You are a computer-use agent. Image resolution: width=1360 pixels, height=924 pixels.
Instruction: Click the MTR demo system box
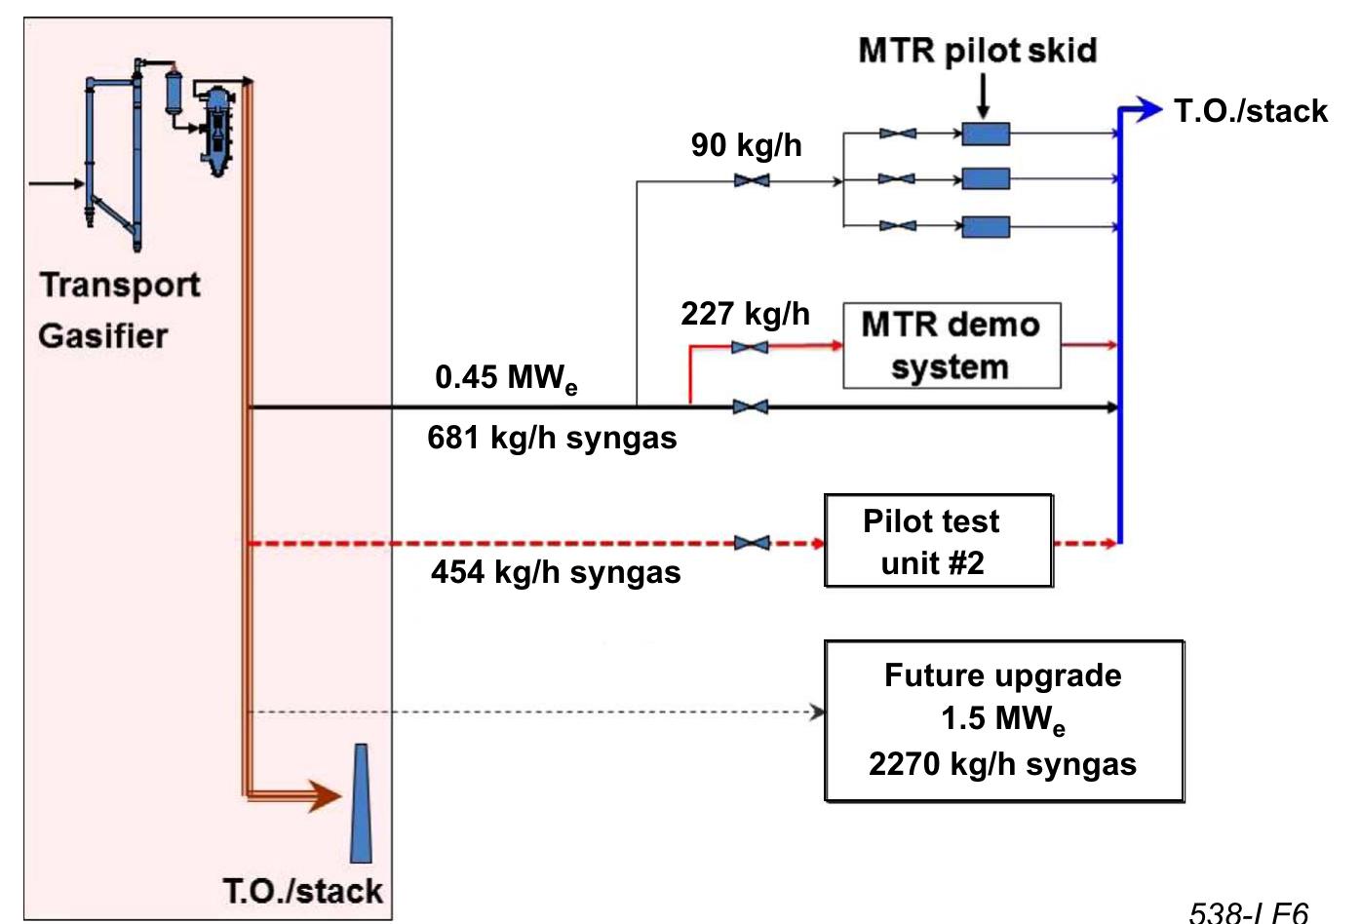951,346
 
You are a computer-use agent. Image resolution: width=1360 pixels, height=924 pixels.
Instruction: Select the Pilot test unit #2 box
938,541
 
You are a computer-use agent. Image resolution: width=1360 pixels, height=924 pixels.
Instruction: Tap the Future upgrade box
1003,720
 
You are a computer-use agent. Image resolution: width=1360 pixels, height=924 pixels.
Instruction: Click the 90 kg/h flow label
746,145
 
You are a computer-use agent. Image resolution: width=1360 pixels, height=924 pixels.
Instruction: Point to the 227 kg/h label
745,314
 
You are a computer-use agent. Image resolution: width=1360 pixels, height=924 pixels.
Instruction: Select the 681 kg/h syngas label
552,438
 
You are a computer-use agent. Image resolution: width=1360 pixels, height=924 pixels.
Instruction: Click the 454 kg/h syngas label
556,571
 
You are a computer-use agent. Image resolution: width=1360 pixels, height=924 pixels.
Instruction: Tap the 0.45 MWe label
505,378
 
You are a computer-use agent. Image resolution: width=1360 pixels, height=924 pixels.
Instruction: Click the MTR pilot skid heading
977,51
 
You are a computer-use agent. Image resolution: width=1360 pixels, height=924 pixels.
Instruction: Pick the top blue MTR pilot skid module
986,134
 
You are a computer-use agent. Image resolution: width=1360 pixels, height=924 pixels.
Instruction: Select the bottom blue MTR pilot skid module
986,227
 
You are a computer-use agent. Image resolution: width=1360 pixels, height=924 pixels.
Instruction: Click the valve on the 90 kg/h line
751,181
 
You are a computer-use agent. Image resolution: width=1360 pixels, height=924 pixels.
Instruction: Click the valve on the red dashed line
751,543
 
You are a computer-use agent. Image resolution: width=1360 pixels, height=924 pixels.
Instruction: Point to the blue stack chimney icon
361,804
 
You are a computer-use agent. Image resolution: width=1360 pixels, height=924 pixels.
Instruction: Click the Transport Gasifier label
119,310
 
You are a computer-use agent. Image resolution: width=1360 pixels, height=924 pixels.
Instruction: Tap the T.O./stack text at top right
1250,111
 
